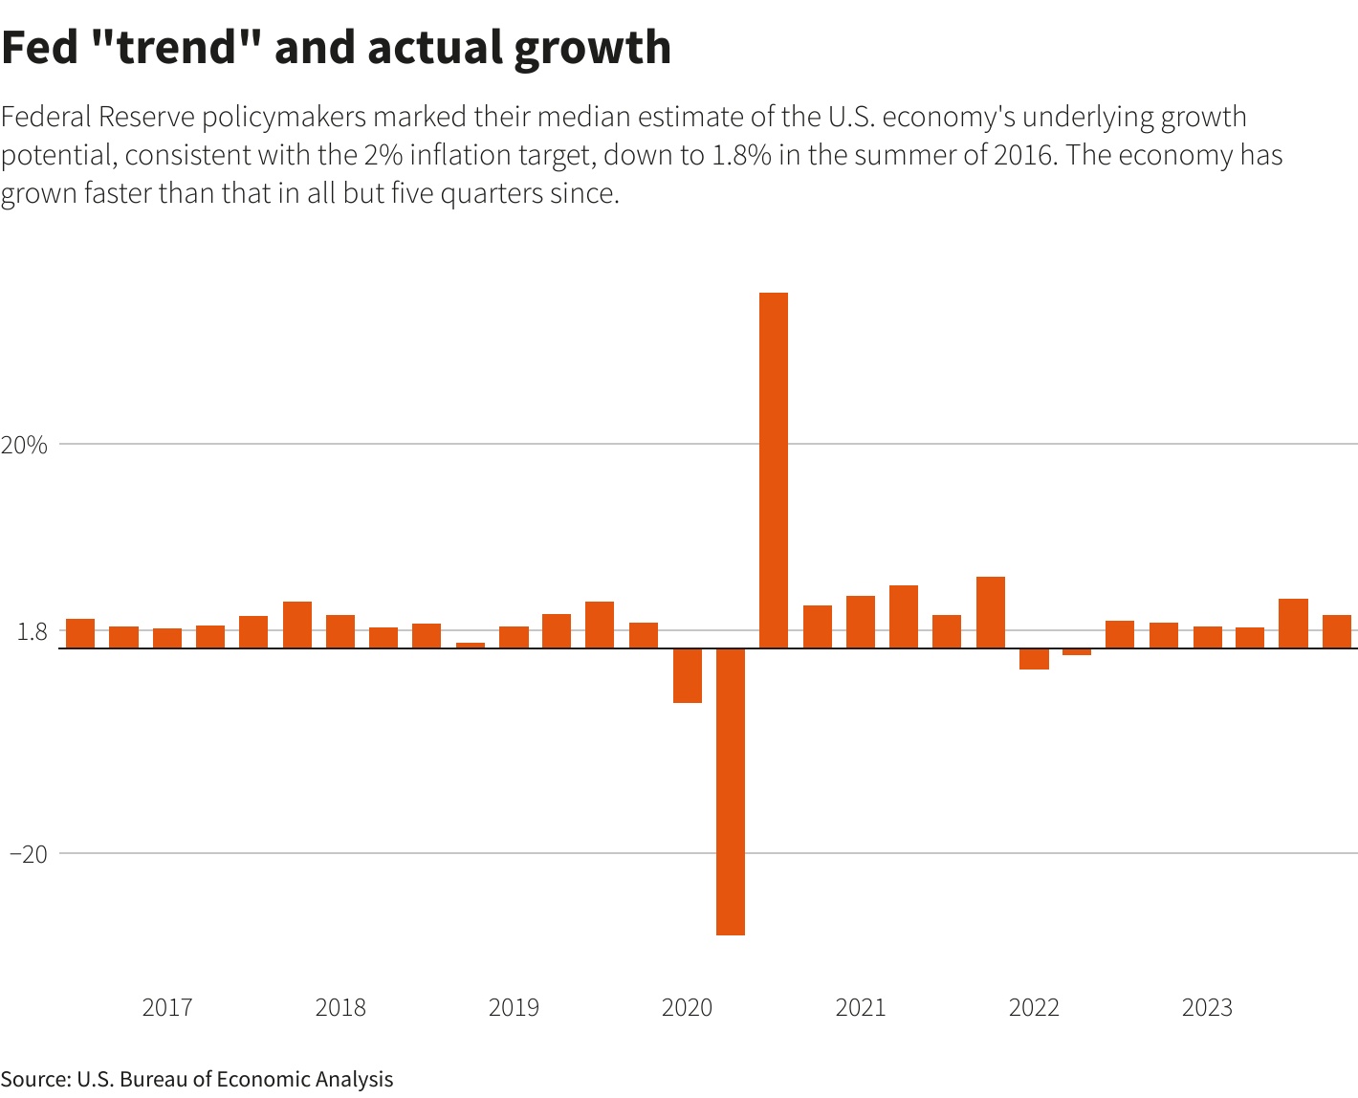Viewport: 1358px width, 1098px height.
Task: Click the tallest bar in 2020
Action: pos(774,470)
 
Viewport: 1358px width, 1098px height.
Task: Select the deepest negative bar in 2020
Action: pos(731,791)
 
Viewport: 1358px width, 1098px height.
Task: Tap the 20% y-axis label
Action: pos(24,445)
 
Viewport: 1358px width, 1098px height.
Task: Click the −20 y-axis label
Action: pos(28,854)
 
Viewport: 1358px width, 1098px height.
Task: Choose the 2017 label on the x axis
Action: pos(167,1007)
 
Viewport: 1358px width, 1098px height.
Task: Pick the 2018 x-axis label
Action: pos(340,1007)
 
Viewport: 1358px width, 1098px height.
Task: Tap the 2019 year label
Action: pos(514,1007)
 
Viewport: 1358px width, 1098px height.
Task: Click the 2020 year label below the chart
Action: pos(687,1007)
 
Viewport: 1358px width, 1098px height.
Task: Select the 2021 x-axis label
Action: pos(861,1007)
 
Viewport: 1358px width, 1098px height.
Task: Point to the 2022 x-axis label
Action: pos(1034,1007)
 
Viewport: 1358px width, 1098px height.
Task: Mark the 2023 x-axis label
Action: pos(1207,1007)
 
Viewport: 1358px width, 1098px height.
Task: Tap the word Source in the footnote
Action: pos(35,1079)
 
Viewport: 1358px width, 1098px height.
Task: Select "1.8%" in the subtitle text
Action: pos(741,155)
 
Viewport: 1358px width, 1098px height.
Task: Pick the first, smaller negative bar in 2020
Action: pos(688,675)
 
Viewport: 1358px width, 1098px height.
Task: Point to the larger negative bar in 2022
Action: pos(1034,659)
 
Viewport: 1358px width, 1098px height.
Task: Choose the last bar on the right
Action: pos(1337,631)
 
